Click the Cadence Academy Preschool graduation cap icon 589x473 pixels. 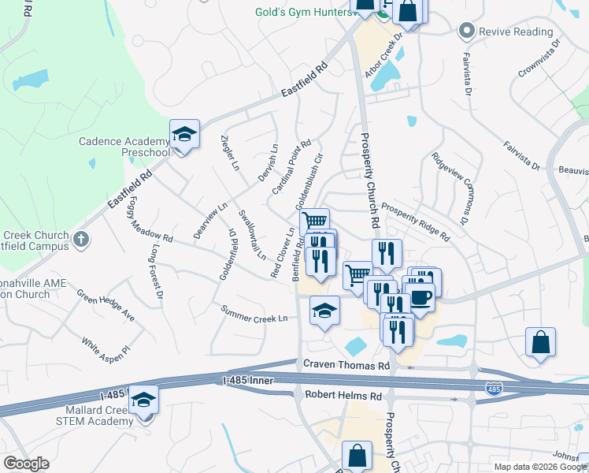tap(184, 135)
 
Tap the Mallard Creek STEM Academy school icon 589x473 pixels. tap(143, 400)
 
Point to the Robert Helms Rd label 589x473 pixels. tap(343, 395)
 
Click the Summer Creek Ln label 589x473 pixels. tap(254, 313)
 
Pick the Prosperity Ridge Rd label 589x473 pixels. tap(415, 222)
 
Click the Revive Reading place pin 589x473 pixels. tap(466, 31)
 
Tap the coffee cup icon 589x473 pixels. tap(420, 297)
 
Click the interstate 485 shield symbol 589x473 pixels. tap(494, 389)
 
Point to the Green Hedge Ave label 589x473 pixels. tap(106, 306)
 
